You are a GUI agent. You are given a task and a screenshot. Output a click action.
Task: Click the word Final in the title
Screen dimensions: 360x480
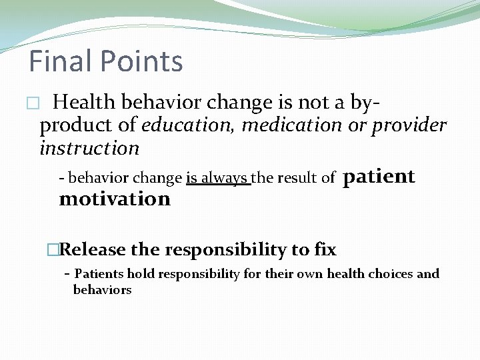(x=60, y=61)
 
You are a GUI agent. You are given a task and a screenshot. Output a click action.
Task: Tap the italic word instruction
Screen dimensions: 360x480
(x=89, y=147)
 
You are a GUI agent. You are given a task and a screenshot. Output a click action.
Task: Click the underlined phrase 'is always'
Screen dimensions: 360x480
(x=217, y=178)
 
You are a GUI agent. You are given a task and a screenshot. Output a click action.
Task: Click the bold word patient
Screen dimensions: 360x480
(x=378, y=176)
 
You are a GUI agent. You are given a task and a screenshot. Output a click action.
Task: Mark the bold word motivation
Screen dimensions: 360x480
(x=115, y=199)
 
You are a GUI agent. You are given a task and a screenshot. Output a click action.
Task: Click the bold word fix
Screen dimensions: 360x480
(x=325, y=250)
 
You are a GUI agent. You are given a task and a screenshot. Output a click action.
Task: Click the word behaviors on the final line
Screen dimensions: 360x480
(x=102, y=289)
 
